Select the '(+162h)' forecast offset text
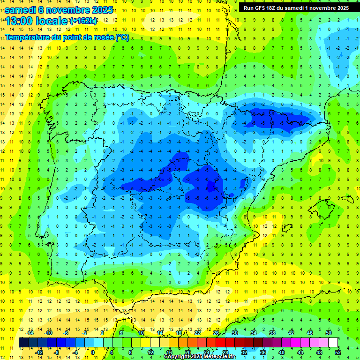coord(83,21)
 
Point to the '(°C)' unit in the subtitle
coord(122,37)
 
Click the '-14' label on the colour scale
coord(30,333)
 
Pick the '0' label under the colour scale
coord(92,352)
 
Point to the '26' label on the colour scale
coord(216,333)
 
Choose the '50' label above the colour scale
coord(329,333)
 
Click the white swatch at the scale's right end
coord(333,343)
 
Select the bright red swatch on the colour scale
coord(221,343)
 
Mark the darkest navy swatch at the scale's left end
coord(24,343)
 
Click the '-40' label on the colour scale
coord(281,352)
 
